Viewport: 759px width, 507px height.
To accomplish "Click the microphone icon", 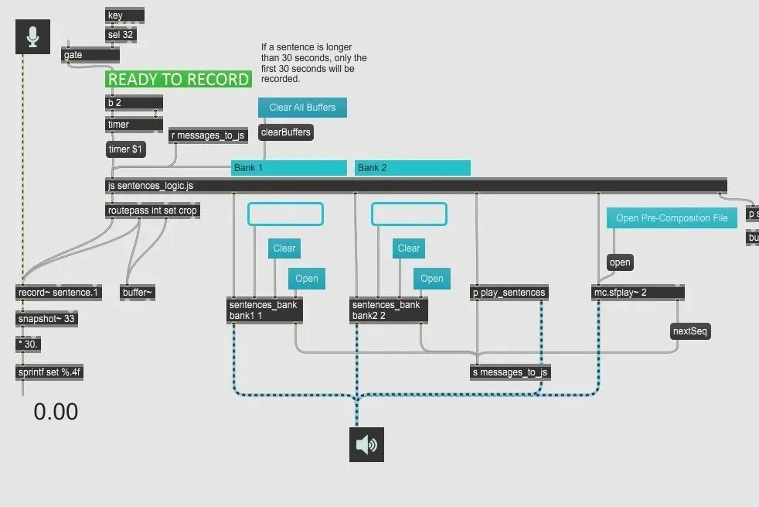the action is click(x=33, y=37).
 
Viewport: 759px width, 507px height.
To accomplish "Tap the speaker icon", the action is click(x=366, y=444).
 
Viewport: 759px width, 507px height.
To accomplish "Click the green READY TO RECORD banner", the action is click(x=179, y=79).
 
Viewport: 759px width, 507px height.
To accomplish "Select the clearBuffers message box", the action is click(x=286, y=132).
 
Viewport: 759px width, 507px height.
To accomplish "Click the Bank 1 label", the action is click(x=288, y=168).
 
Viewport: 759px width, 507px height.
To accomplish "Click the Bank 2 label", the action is click(x=412, y=168).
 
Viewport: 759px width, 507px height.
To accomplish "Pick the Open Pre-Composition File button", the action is click(x=672, y=218).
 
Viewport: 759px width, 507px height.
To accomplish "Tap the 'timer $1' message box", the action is click(x=125, y=149).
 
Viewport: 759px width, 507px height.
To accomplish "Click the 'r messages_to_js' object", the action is click(x=208, y=135).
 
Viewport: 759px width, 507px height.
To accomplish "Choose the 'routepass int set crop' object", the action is click(x=152, y=211).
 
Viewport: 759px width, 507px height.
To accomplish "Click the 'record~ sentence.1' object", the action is click(x=58, y=292).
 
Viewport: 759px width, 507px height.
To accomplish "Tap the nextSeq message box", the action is click(x=690, y=331).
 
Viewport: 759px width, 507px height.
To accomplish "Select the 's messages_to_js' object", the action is click(x=511, y=372).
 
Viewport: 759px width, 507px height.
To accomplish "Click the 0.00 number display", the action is click(x=56, y=412).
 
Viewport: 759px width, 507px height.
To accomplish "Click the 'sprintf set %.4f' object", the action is click(x=49, y=372).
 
